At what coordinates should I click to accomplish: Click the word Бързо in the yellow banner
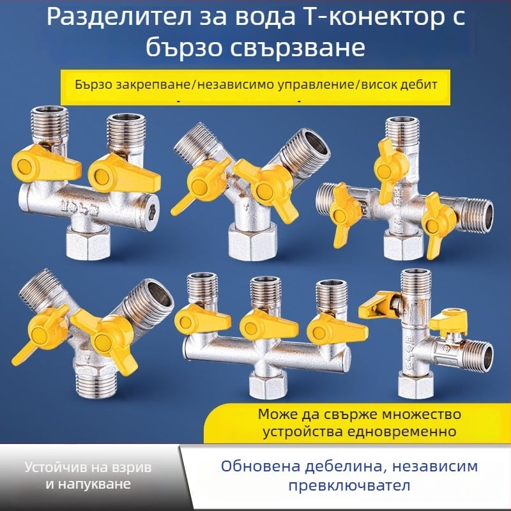point(93,84)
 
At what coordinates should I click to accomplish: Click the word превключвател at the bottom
point(349,485)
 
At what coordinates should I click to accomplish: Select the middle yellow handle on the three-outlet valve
point(259,324)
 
